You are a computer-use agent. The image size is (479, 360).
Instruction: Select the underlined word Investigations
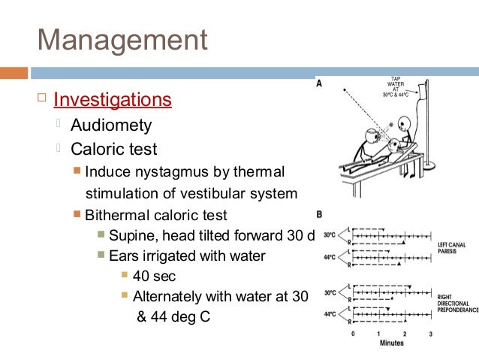(x=113, y=100)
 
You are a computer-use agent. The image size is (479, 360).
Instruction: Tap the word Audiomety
(x=111, y=125)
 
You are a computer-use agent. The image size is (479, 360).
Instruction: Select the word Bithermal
(x=119, y=215)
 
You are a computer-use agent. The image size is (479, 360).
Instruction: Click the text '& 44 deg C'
(x=173, y=316)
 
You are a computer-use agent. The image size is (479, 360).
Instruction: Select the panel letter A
(x=320, y=85)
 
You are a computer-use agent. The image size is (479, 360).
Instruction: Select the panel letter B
(x=320, y=215)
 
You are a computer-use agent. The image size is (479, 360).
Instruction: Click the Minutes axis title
(x=390, y=343)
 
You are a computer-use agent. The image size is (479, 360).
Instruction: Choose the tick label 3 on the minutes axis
(x=430, y=333)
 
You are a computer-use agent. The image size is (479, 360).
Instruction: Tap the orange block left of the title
(x=14, y=74)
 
